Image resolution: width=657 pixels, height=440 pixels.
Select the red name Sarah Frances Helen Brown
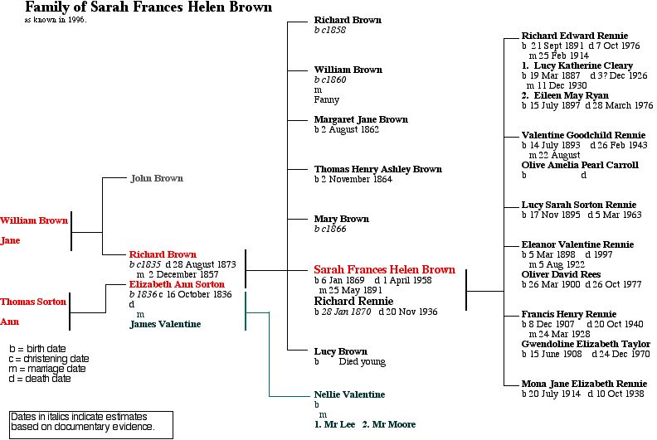click(384, 270)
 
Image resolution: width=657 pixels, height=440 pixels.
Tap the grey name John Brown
click(157, 178)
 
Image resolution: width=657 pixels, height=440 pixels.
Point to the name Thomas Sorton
click(32, 302)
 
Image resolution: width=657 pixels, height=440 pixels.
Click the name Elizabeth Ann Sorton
click(177, 284)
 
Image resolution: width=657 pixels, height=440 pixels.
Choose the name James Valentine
click(165, 324)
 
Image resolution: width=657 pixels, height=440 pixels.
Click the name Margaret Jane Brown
click(361, 119)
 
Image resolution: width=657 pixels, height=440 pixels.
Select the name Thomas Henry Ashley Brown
click(377, 169)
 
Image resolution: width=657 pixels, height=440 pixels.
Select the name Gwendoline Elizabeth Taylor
click(586, 344)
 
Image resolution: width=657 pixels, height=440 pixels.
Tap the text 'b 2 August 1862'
click(346, 130)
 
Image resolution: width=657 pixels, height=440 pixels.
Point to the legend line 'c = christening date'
click(49, 359)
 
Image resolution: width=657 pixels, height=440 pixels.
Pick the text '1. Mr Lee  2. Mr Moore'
click(365, 424)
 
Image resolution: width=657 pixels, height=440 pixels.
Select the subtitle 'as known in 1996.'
click(56, 19)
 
